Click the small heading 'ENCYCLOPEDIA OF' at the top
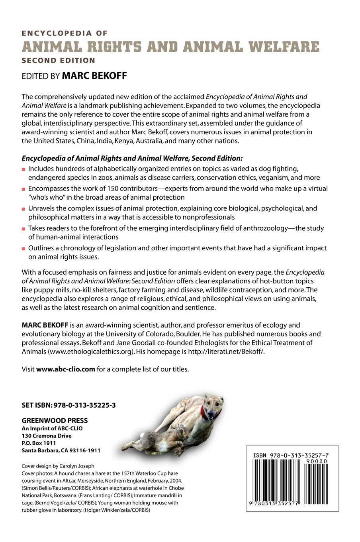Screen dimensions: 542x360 (x=65, y=33)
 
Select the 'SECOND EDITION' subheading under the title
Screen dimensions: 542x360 (x=59, y=61)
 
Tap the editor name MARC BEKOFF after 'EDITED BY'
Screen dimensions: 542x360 (x=94, y=76)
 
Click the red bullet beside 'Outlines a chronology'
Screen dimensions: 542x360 (x=24, y=248)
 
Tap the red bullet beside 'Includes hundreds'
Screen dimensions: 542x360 (x=24, y=169)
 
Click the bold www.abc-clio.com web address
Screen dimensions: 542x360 (x=66, y=369)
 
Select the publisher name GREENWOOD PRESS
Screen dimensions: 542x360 (x=55, y=420)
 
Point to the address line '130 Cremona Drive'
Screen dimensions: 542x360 (x=46, y=436)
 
